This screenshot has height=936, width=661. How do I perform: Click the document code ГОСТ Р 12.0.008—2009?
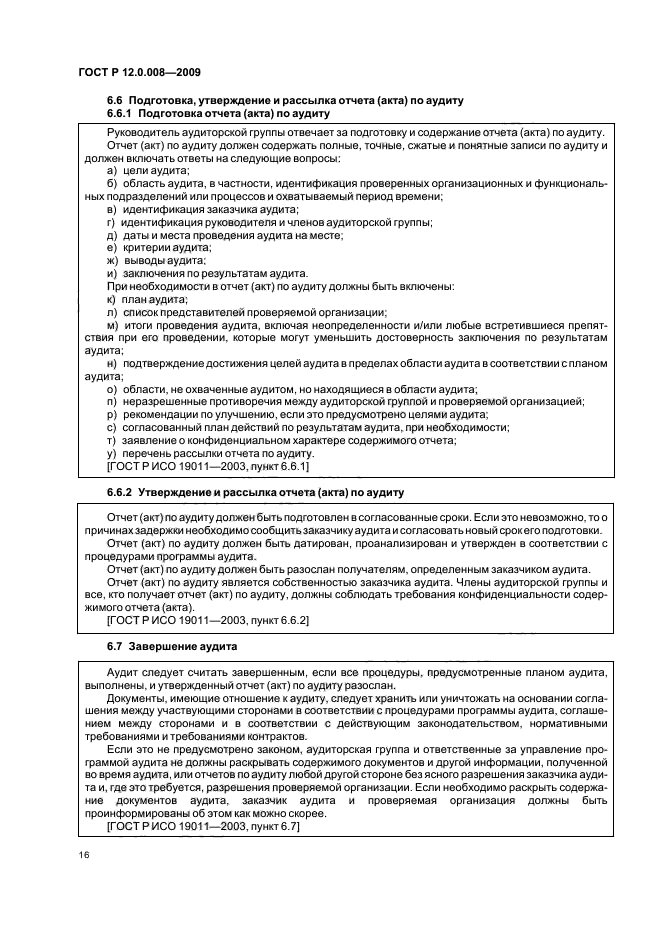coord(140,72)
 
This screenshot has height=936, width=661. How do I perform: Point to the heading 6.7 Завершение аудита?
coord(171,647)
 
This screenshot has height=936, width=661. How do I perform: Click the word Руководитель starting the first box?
coord(146,132)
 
